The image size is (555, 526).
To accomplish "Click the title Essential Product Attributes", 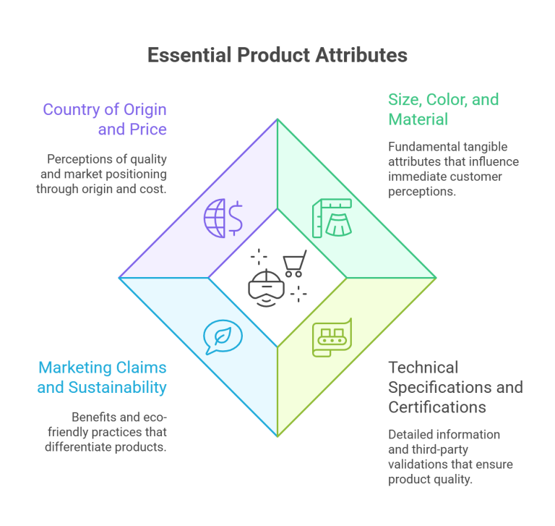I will [x=277, y=55].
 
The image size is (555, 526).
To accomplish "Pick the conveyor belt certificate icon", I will [x=331, y=336].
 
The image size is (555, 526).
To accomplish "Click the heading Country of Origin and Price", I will [x=105, y=120].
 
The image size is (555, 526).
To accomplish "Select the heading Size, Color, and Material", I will [x=443, y=109].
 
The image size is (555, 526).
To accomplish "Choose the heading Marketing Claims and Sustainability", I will [x=103, y=377].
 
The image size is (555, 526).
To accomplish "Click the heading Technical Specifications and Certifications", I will [x=455, y=386].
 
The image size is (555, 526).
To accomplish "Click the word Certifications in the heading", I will [x=436, y=407].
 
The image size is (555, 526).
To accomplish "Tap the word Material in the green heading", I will [x=418, y=119].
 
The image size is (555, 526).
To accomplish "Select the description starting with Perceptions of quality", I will [x=102, y=174].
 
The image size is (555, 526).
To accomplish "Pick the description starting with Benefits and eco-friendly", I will [x=119, y=432].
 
